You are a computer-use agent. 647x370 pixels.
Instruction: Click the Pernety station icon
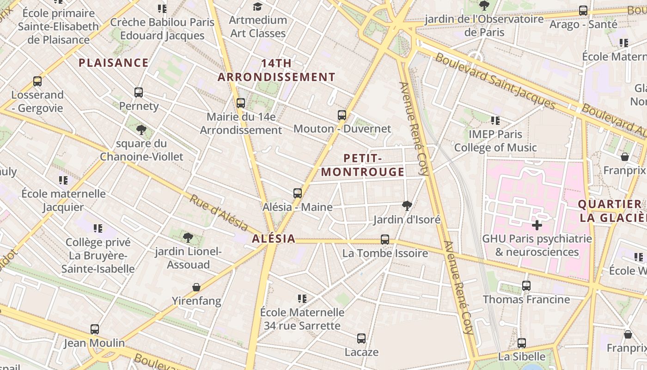coord(139,92)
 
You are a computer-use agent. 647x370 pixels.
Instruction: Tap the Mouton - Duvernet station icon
coord(342,115)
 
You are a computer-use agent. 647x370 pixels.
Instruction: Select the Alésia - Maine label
coord(297,207)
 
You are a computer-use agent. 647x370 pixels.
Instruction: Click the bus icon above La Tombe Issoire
coord(385,239)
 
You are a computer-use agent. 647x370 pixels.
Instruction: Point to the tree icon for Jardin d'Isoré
coord(407,205)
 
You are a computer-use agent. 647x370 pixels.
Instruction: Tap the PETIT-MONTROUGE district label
coord(363,165)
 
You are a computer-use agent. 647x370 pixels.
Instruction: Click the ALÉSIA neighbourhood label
coord(274,239)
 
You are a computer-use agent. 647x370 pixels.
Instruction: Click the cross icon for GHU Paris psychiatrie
coord(537,225)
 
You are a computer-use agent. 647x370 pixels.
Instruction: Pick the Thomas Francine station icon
coord(526,285)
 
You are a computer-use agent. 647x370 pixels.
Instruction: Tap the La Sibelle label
coord(522,357)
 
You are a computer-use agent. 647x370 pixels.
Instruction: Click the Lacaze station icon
coord(361,338)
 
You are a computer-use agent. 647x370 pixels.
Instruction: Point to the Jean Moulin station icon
coord(95,329)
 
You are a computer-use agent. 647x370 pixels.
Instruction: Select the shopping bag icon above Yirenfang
coord(196,287)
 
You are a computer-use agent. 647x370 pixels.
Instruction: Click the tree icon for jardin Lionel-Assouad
coord(188,238)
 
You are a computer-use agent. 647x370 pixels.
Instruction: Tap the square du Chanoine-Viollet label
coord(141,150)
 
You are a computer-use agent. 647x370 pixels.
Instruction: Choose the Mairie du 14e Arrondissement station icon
coord(241,103)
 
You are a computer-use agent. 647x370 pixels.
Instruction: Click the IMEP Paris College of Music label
coord(495,141)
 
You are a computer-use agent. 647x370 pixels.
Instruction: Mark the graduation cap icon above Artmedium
coord(258,6)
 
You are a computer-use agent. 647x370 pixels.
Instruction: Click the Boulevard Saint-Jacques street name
coord(494,81)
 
